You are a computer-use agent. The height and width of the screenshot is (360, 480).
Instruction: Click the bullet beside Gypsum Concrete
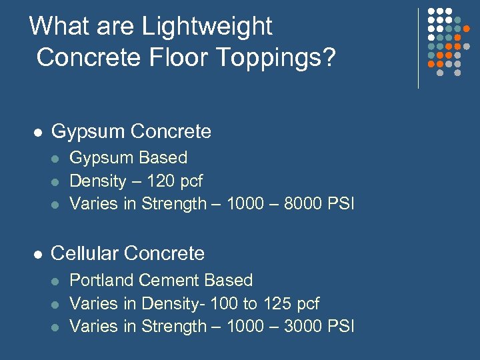39,133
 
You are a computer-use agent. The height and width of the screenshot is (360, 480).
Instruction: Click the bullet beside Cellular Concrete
39,254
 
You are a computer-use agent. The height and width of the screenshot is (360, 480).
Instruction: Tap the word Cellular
85,253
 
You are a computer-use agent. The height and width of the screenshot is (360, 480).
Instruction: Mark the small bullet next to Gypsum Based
57,159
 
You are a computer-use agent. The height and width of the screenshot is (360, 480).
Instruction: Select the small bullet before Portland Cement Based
57,281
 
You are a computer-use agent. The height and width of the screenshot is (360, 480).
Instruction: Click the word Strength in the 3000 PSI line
174,326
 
